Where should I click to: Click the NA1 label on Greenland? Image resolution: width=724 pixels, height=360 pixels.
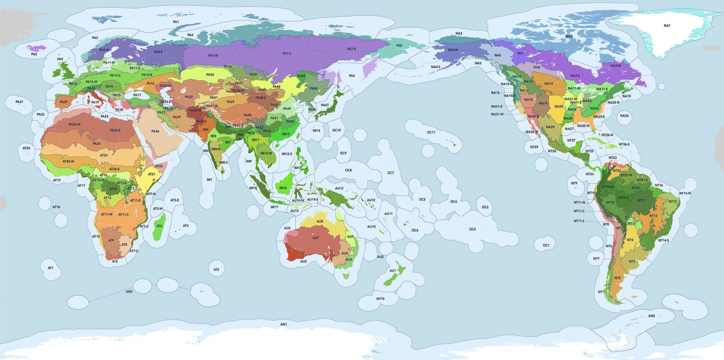click(x=667, y=25)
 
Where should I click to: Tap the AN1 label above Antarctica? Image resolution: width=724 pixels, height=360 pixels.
click(x=284, y=324)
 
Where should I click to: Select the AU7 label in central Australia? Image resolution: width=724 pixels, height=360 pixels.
click(x=316, y=238)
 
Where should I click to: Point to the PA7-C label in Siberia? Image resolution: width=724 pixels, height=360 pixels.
click(x=287, y=53)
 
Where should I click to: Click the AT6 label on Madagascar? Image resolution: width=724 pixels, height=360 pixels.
click(x=160, y=226)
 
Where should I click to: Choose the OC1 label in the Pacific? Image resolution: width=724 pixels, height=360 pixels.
click(x=546, y=245)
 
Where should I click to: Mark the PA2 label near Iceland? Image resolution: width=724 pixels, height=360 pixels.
click(x=34, y=54)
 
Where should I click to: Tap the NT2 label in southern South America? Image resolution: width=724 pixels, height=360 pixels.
click(x=617, y=278)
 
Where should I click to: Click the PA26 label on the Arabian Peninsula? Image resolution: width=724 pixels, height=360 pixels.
click(x=155, y=132)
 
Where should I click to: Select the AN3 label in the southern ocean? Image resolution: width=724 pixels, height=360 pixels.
click(x=129, y=291)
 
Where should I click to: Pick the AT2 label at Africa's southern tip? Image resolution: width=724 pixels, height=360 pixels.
click(x=115, y=261)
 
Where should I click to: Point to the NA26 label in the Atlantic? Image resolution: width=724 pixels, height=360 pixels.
click(x=624, y=116)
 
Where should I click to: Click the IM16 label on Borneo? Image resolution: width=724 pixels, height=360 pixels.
click(x=284, y=187)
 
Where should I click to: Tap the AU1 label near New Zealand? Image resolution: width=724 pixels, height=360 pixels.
click(x=392, y=271)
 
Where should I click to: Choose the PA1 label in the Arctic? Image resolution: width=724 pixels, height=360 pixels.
click(x=176, y=22)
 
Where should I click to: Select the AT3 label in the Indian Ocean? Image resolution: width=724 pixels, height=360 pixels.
click(x=216, y=269)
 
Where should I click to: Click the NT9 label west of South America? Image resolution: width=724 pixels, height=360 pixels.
click(x=574, y=183)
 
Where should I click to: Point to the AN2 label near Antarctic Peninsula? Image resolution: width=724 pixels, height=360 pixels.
click(x=652, y=316)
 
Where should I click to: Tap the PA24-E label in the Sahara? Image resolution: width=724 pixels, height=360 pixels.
click(x=115, y=130)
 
